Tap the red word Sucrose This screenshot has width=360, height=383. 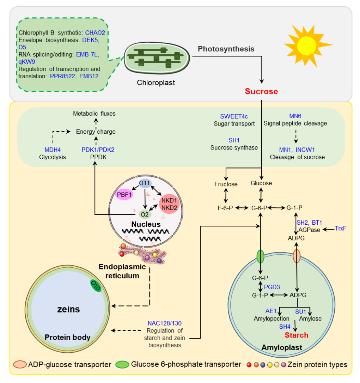point(262,92)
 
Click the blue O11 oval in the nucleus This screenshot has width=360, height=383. point(146,184)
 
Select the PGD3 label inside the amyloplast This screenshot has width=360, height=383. point(271,287)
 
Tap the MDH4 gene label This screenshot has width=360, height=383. point(53,150)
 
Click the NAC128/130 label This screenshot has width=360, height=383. point(165,323)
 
